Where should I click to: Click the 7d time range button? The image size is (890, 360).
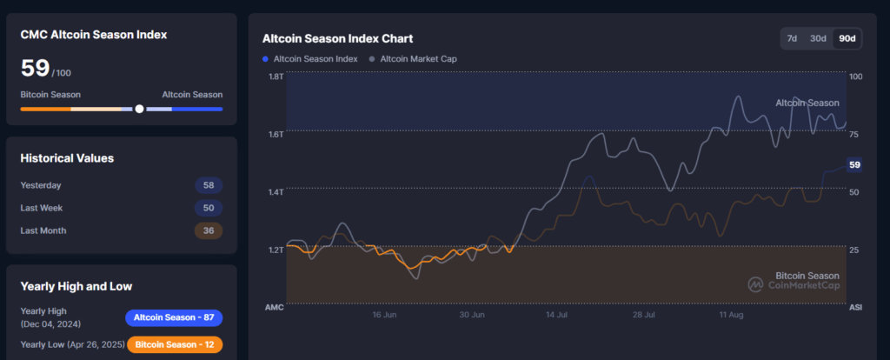pyautogui.click(x=792, y=38)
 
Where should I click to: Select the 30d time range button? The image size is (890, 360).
pyautogui.click(x=818, y=38)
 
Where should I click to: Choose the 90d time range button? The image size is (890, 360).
pyautogui.click(x=846, y=38)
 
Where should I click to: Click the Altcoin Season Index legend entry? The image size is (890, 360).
pyautogui.click(x=310, y=59)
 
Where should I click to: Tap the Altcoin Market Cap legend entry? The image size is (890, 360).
pyautogui.click(x=413, y=59)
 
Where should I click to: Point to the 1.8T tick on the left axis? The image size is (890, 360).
pyautogui.click(x=276, y=77)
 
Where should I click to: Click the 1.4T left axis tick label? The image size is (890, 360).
pyautogui.click(x=276, y=191)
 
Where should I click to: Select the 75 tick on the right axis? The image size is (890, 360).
pyautogui.click(x=854, y=134)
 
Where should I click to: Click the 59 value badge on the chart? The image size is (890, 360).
pyautogui.click(x=854, y=164)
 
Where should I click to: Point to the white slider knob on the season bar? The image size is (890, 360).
pyautogui.click(x=139, y=109)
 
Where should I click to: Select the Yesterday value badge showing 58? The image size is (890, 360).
pyautogui.click(x=209, y=185)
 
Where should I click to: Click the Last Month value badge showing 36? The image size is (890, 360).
pyautogui.click(x=209, y=230)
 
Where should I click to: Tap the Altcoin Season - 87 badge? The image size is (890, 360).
pyautogui.click(x=174, y=317)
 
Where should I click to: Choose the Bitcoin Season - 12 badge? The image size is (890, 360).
pyautogui.click(x=174, y=344)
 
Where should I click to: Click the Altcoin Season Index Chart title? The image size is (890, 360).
pyautogui.click(x=337, y=38)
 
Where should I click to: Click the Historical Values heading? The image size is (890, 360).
pyautogui.click(x=67, y=158)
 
